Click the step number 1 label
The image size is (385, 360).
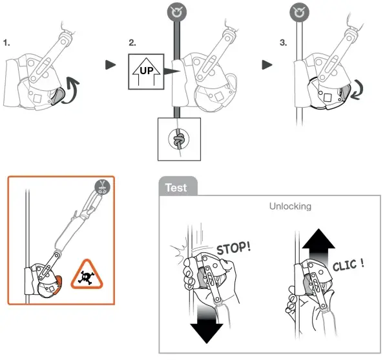6,43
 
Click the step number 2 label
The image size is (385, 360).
132,43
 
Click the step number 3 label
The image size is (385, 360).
283,43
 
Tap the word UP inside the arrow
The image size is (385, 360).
147,71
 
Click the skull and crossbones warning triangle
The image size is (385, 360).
87,274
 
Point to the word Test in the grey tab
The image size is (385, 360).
176,188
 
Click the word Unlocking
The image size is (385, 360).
290,206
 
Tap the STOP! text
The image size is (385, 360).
233,248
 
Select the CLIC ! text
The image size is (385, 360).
348,265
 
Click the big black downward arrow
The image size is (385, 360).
207,324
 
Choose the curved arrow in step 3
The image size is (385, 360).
357,91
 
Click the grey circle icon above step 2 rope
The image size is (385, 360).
177,12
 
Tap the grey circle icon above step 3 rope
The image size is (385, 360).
299,12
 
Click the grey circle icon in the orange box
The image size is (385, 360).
102,187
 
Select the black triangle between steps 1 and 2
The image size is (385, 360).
110,65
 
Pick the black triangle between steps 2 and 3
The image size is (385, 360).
267,65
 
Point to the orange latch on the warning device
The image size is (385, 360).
58,285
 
